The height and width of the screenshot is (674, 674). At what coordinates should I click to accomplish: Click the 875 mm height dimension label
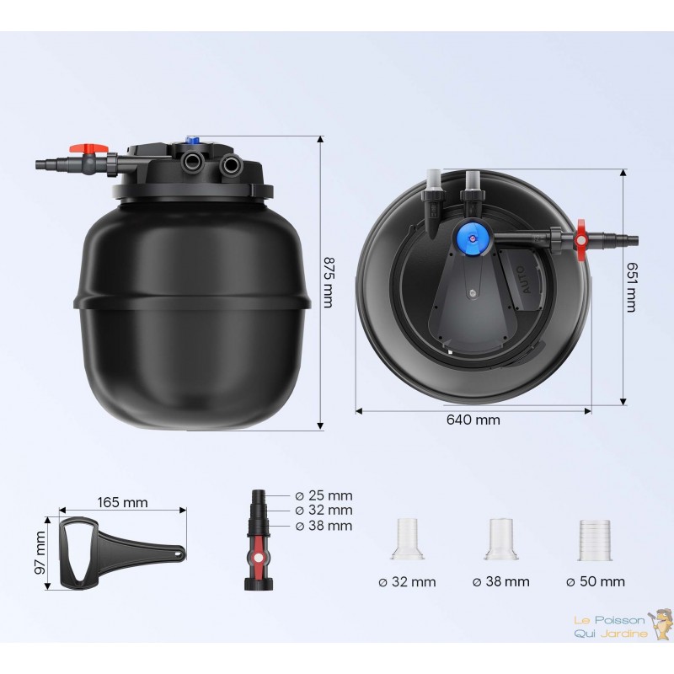328,282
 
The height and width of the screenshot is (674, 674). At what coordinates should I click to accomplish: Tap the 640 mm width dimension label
473,420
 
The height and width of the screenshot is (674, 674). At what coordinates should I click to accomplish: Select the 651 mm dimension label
631,286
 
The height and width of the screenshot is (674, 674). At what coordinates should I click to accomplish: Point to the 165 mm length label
122,502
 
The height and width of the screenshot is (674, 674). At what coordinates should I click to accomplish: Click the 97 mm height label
40,553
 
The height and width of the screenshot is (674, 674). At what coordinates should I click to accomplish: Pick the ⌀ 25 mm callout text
324,495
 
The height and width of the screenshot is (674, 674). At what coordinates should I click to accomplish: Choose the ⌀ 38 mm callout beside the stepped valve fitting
324,526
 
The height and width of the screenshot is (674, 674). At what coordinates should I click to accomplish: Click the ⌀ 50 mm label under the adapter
596,581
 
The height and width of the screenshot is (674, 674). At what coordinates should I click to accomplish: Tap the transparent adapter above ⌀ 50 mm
595,540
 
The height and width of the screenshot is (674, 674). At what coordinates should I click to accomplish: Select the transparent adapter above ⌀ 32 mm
408,539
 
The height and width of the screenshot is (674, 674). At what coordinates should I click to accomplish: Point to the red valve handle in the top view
581,240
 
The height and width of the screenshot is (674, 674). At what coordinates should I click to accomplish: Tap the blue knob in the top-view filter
472,236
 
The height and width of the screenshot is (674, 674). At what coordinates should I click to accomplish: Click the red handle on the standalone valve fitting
259,558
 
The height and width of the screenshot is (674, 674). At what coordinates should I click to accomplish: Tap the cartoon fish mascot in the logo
661,623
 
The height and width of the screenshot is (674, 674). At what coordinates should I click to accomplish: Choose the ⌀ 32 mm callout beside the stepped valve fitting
324,511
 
